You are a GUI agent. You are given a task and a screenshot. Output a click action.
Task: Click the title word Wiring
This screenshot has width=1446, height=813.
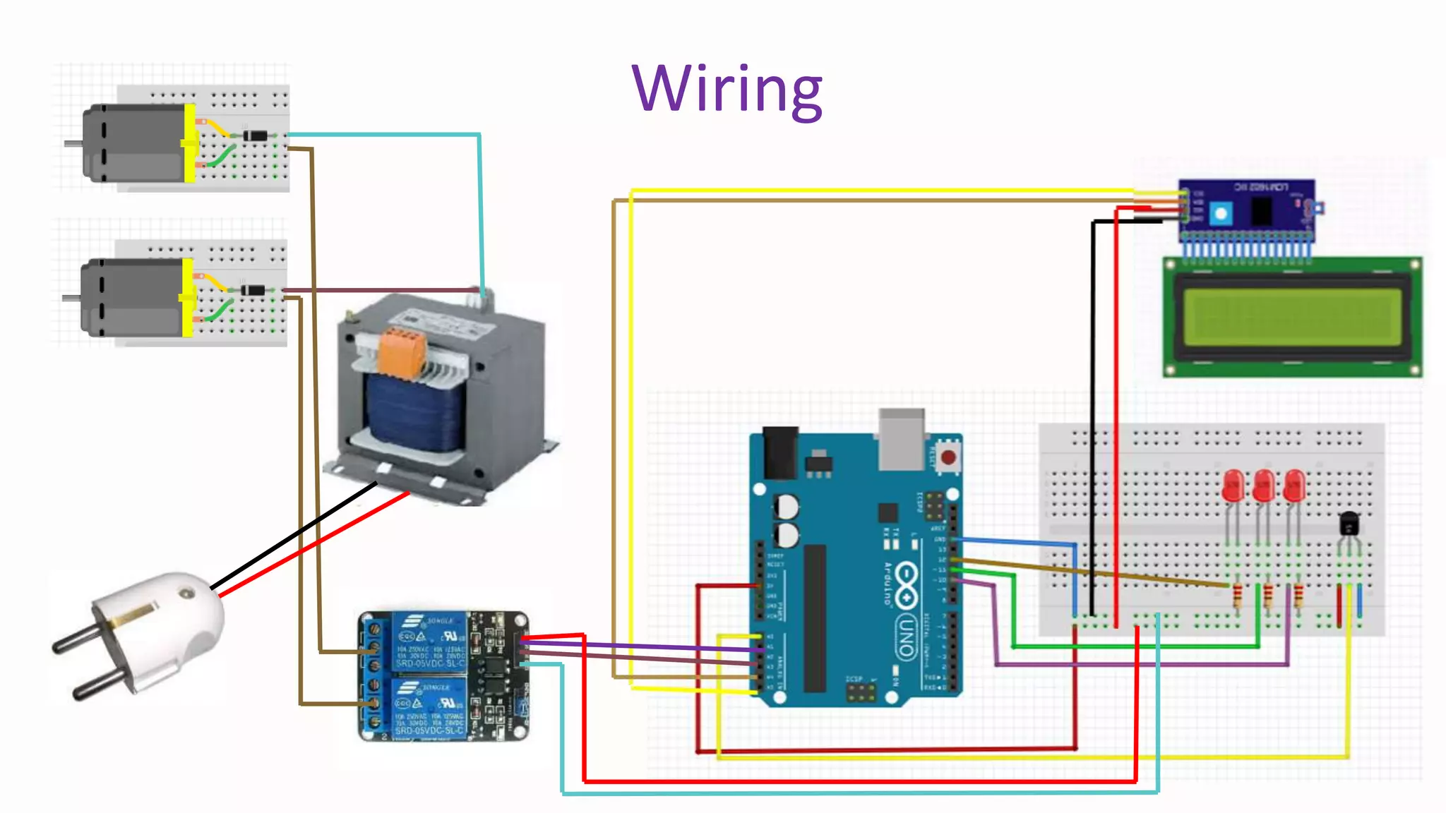click(727, 90)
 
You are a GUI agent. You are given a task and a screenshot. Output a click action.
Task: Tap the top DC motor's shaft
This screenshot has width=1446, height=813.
click(73, 143)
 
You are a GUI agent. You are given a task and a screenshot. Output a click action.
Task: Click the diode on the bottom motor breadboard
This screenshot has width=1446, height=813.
click(253, 290)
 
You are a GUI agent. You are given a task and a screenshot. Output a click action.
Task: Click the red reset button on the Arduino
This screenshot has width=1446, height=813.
click(948, 458)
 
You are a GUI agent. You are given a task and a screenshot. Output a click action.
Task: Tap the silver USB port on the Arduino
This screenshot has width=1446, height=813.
click(902, 439)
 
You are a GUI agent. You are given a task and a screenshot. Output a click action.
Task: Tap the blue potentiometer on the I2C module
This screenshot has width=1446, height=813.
click(1221, 212)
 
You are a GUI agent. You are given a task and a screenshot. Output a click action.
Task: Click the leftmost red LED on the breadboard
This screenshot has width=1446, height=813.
click(1233, 486)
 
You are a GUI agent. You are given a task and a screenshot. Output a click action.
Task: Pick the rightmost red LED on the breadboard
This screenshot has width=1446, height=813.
click(1294, 486)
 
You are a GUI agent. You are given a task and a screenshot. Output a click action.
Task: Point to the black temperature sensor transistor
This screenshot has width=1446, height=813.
click(1349, 524)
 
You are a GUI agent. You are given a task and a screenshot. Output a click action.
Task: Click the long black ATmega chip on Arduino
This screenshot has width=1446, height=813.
click(815, 618)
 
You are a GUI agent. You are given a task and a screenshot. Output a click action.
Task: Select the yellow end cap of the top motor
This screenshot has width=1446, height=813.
click(190, 143)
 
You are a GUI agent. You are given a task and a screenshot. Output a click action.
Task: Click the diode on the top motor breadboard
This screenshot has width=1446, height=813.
click(256, 135)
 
